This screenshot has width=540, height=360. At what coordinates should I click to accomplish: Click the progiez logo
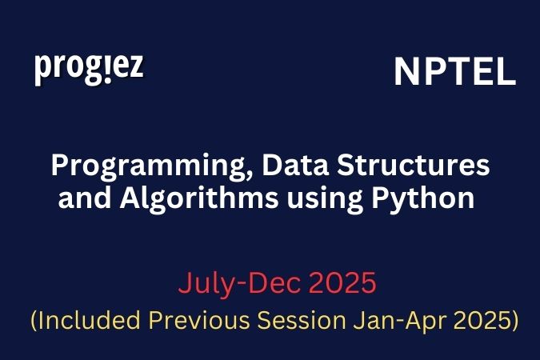(89, 68)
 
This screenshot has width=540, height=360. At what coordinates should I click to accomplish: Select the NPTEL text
(454, 74)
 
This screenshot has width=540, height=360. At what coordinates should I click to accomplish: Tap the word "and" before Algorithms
(83, 197)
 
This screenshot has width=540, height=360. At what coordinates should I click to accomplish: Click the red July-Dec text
(239, 283)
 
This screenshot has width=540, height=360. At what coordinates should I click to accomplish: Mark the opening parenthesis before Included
(34, 322)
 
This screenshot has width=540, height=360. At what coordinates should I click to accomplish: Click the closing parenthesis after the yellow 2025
(514, 322)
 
